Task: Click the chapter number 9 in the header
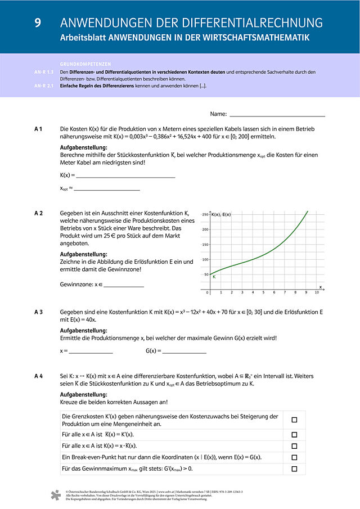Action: pyautogui.click(x=38, y=23)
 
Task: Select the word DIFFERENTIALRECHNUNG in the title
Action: pyautogui.click(x=260, y=23)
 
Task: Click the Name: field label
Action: pyautogui.click(x=218, y=114)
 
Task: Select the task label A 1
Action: pyautogui.click(x=39, y=129)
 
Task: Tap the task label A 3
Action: pyautogui.click(x=39, y=311)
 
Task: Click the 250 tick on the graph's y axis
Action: pyautogui.click(x=205, y=215)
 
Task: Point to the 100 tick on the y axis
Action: pyautogui.click(x=205, y=259)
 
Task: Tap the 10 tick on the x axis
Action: pyautogui.click(x=317, y=292)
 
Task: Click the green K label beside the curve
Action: pyautogui.click(x=214, y=277)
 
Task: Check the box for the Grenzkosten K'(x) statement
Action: pyautogui.click(x=294, y=420)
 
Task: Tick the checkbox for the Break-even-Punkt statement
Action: pyautogui.click(x=294, y=457)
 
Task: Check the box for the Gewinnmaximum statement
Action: pyautogui.click(x=294, y=469)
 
